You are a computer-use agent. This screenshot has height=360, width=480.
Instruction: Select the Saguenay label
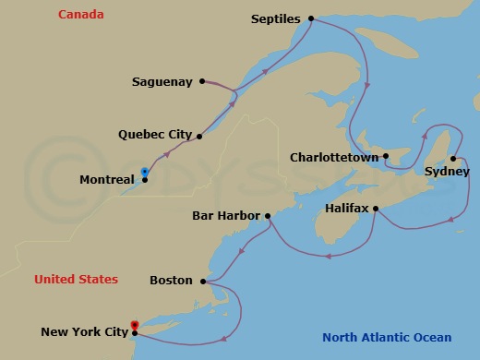pos(162,81)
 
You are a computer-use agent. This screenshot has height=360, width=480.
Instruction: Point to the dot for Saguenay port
pos(201,81)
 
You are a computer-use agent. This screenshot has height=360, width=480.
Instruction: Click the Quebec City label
pos(155,135)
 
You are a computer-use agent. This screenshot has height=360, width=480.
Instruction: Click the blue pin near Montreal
pos(145,172)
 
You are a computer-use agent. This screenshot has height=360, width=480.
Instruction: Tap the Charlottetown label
pos(334,158)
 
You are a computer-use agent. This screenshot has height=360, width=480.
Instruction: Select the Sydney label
pos(447,172)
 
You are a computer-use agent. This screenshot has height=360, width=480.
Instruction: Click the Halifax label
pos(347,209)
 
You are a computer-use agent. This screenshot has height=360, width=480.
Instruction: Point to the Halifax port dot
pos(376,209)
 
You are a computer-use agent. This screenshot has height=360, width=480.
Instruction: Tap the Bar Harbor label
pos(226,217)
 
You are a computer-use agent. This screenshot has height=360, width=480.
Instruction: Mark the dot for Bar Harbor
pos(268,217)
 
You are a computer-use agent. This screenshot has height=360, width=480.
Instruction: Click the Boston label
pos(171,281)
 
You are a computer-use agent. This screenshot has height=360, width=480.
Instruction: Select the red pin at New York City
pos(135,325)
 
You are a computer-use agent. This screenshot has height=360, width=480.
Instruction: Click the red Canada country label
pos(80,15)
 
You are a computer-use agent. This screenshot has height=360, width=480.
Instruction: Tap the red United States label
pos(76,280)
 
